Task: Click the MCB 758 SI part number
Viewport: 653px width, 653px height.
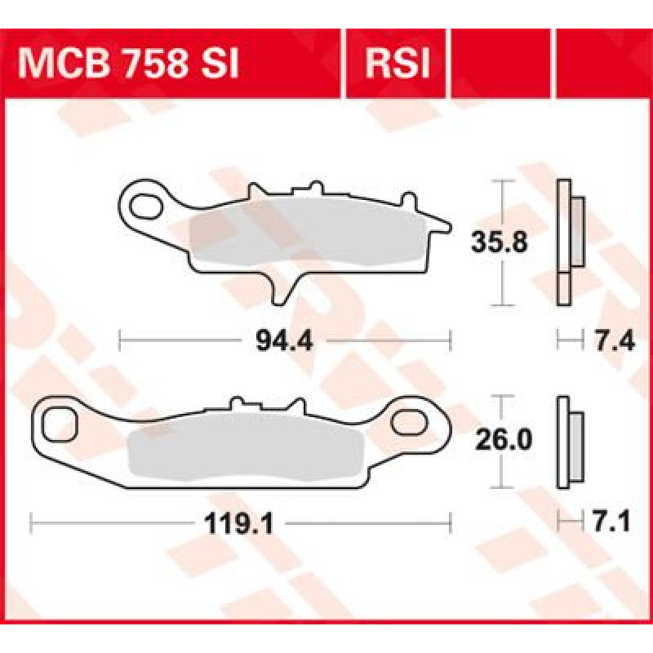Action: coord(128,64)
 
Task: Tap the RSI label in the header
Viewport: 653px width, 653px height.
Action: coord(397,64)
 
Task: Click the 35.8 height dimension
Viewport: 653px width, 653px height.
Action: coord(500,242)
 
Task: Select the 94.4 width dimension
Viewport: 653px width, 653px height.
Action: coord(284,341)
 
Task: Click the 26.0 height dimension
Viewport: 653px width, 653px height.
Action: coord(504,440)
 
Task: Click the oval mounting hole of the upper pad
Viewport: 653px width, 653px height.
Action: coord(146,207)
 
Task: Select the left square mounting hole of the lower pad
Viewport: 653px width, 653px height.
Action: coord(60,424)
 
